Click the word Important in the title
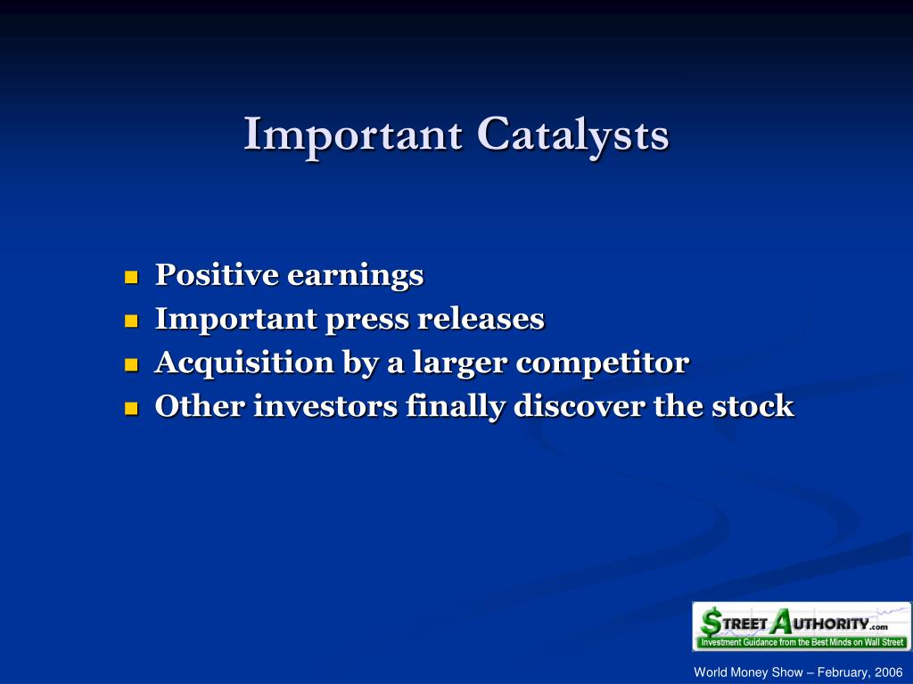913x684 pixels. tap(353, 135)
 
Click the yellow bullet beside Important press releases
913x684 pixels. tap(132, 321)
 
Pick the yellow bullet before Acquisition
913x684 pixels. tap(132, 364)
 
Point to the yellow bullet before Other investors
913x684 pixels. tap(132, 408)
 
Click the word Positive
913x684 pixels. tap(217, 274)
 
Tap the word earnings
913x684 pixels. tap(355, 276)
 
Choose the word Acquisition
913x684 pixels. tap(244, 363)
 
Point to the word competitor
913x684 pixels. tap(603, 363)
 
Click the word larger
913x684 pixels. tap(460, 363)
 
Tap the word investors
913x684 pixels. tap(325, 406)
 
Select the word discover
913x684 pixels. tap(579, 405)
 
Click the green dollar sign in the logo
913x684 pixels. tap(711, 623)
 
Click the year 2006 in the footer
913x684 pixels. tap(889, 672)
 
